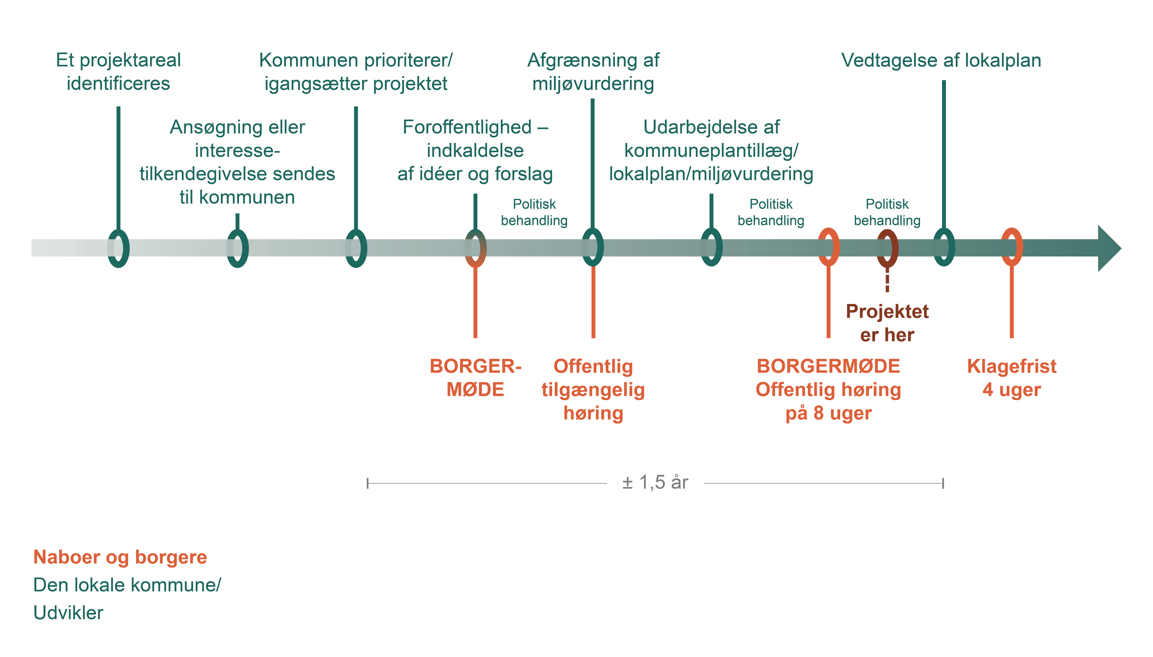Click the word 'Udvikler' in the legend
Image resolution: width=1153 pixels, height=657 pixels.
point(69,613)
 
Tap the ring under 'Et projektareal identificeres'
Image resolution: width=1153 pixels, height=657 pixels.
point(118,248)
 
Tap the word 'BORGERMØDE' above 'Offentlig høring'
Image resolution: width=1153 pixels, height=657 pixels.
point(828,366)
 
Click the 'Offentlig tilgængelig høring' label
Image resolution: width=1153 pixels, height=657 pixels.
point(593,389)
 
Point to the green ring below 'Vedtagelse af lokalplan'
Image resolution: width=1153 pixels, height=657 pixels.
point(944,247)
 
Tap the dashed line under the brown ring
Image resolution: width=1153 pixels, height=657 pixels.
point(887,280)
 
